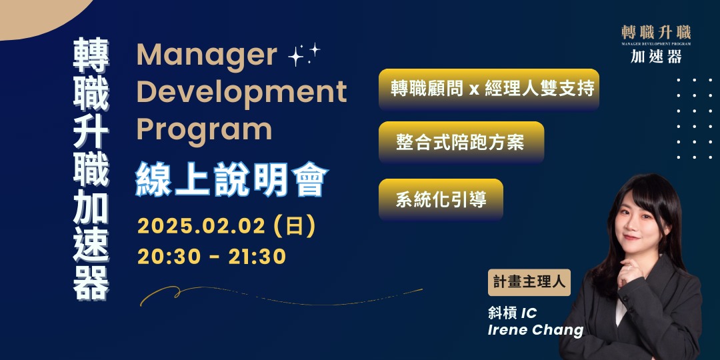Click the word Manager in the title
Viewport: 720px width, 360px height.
(x=207, y=56)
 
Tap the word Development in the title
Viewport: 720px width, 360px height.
(x=242, y=93)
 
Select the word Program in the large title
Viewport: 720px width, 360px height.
(x=205, y=129)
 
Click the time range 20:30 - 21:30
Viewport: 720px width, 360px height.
(x=212, y=256)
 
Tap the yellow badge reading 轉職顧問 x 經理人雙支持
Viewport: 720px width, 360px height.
(x=489, y=89)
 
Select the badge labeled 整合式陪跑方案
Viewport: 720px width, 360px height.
(x=461, y=142)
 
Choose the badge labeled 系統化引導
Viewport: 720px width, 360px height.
(x=441, y=199)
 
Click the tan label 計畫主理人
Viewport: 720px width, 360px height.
(x=529, y=282)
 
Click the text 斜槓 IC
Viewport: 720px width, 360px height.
(x=513, y=312)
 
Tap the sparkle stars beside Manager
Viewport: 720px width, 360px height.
(x=304, y=55)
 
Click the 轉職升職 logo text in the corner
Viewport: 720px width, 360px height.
(x=656, y=32)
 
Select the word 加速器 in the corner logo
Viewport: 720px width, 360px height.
(x=656, y=57)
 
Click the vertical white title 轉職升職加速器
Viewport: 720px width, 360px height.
(x=91, y=171)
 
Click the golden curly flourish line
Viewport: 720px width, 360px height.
(x=280, y=294)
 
